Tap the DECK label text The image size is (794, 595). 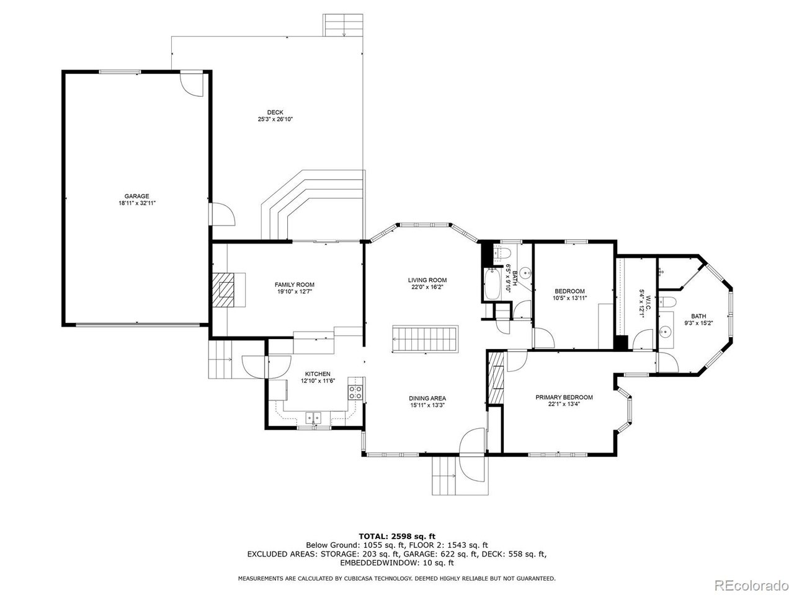[275, 112]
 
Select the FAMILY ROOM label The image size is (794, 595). [295, 284]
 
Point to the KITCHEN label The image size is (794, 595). [318, 374]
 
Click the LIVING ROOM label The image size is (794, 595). [427, 280]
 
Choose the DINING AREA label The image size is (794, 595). [427, 398]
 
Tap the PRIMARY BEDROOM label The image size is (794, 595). [564, 397]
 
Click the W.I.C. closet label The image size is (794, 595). [648, 302]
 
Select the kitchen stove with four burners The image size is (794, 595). [355, 392]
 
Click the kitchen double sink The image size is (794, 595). [313, 418]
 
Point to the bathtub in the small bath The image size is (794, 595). [492, 284]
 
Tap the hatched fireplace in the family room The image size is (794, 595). [223, 289]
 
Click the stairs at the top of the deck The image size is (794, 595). [343, 25]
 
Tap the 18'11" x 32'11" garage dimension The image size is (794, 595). [137, 203]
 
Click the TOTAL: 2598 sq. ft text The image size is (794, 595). [397, 536]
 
